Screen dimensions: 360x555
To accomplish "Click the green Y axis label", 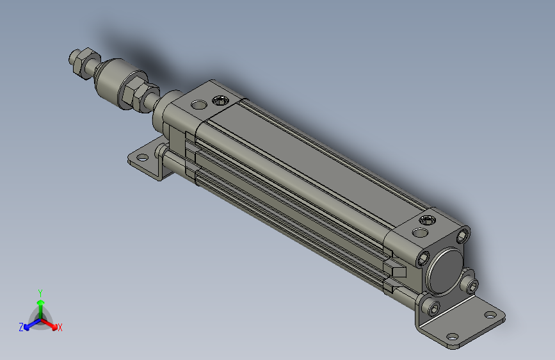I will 40,293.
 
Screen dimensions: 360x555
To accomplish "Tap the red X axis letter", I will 60,327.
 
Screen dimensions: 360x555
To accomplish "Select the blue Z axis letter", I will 21,327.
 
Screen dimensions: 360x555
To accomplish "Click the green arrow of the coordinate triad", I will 40,304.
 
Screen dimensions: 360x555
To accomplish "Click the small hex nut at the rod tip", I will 78,61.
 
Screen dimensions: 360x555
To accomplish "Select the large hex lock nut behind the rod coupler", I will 133,94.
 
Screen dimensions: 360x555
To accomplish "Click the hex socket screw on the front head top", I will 221,100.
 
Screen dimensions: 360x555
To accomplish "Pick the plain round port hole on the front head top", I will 200,104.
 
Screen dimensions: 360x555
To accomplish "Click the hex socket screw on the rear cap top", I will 427,221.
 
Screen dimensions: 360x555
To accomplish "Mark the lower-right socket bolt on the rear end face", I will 472,285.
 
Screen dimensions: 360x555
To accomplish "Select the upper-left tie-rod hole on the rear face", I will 423,258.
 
